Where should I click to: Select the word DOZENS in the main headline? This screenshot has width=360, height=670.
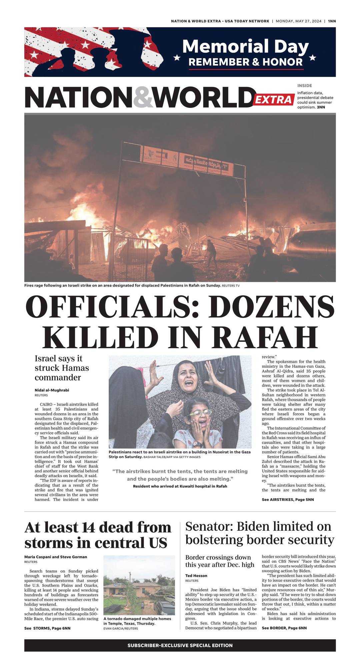click(x=271, y=307)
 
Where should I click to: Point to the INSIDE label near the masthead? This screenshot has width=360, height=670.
click(x=305, y=86)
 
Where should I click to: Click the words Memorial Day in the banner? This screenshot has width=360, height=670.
click(x=245, y=46)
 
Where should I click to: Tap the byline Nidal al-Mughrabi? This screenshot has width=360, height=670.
click(x=52, y=390)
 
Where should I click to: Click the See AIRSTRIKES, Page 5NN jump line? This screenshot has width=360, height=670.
click(x=288, y=499)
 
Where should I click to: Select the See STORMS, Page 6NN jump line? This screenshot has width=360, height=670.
click(x=47, y=628)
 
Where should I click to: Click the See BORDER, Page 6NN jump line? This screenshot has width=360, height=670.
click(x=284, y=628)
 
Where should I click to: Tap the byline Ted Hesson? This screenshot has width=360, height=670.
click(x=196, y=575)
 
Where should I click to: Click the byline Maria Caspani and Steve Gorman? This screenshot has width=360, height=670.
click(x=56, y=557)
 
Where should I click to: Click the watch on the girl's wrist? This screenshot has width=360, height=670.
click(x=197, y=444)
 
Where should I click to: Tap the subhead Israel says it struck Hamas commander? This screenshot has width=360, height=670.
click(x=62, y=368)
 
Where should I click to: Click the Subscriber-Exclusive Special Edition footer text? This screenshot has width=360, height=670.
click(x=180, y=645)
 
